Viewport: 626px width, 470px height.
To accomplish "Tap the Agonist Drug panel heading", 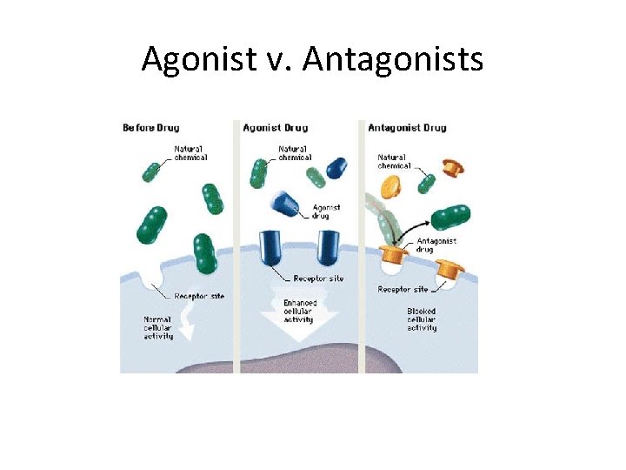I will [x=276, y=128].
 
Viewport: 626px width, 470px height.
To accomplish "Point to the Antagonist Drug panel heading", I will [x=407, y=128].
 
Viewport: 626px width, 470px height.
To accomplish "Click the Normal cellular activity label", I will [x=157, y=327].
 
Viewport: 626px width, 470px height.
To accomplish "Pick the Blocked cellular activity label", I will [x=422, y=319].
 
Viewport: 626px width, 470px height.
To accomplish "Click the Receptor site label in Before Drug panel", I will [x=198, y=296].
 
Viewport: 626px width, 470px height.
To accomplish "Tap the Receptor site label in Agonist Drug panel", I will [x=318, y=279].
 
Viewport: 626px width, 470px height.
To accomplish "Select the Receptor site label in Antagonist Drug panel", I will [x=403, y=289].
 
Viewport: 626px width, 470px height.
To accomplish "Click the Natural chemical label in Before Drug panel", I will [x=190, y=153].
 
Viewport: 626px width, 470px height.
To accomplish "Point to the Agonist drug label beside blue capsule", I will [x=325, y=211].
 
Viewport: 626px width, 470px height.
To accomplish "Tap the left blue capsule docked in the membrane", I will [x=270, y=247].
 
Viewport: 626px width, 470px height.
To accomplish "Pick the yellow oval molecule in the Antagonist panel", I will [x=390, y=185].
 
